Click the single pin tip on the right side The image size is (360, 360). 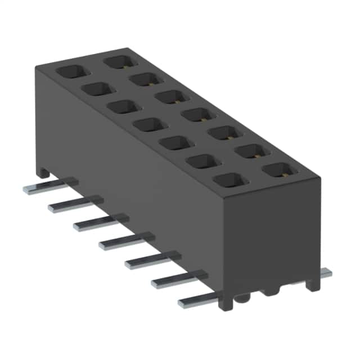(x=325, y=273)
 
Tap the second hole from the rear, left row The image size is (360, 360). (x=96, y=89)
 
